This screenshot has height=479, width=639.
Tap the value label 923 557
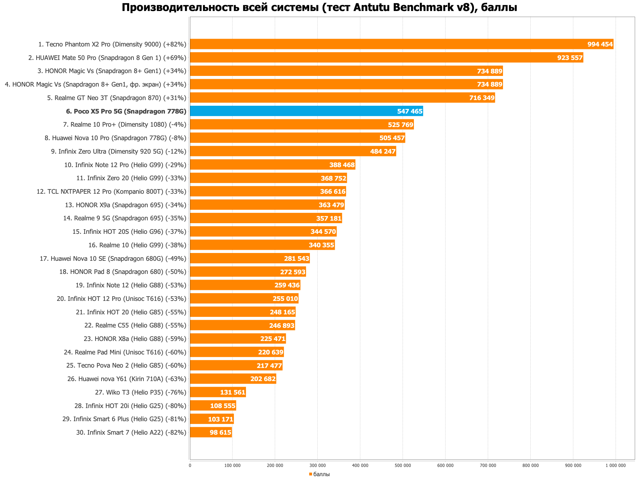coord(570,58)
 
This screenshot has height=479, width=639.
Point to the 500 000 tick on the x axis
coord(403,466)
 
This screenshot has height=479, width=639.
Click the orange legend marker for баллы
coord(311,474)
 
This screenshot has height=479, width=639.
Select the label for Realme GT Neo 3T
coord(116,98)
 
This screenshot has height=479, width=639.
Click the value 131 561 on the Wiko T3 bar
coord(233,392)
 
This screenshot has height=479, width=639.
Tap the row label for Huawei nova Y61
coord(127,379)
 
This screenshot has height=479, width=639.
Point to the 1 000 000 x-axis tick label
coord(615,466)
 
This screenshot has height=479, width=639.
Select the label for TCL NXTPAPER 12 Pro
coord(111,192)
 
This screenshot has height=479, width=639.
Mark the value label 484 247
coord(383,152)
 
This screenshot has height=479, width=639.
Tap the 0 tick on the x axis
coord(190,466)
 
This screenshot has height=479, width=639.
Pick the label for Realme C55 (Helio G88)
coord(135,325)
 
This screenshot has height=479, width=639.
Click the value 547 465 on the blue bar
coord(410,111)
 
